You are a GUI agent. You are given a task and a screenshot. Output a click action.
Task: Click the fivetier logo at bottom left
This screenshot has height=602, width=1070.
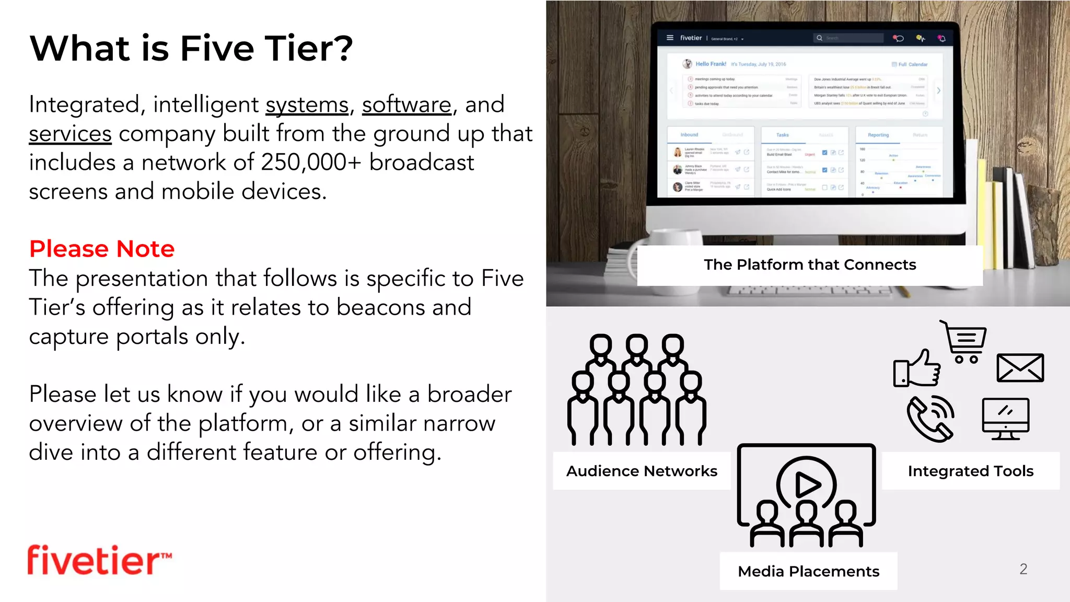[x=99, y=560]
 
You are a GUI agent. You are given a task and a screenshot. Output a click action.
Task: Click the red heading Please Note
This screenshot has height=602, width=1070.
[x=102, y=249]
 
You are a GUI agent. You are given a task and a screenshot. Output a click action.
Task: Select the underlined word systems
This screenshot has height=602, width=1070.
[x=307, y=105]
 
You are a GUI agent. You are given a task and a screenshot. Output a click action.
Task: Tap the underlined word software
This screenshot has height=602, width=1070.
[x=406, y=105]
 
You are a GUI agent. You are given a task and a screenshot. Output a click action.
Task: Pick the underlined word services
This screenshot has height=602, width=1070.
[x=70, y=134]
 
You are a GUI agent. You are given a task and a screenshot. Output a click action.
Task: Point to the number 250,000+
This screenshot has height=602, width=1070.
[x=311, y=163]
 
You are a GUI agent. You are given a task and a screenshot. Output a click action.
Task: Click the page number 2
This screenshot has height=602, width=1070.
[x=1023, y=569]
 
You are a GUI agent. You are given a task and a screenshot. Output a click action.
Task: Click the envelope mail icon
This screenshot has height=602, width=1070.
[x=1020, y=367]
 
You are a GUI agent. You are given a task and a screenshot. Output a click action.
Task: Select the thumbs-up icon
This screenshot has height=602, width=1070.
[x=917, y=369]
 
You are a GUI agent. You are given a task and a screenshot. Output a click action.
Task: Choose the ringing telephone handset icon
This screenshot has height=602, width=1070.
[x=931, y=418]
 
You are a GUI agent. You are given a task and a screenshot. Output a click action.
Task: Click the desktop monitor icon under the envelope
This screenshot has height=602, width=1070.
[x=1005, y=418]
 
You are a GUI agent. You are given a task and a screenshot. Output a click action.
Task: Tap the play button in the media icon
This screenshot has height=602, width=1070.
[x=807, y=485]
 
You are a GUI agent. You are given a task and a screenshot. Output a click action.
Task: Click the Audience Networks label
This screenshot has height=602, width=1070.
[x=642, y=471]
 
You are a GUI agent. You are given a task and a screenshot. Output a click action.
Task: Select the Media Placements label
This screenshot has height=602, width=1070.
[x=808, y=571]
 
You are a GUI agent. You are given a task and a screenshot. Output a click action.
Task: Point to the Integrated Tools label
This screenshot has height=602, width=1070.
[x=970, y=471]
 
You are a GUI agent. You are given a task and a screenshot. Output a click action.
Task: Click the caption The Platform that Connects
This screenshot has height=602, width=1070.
[x=810, y=265]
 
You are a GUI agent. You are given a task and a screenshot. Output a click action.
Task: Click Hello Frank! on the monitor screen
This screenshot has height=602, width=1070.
[x=711, y=64]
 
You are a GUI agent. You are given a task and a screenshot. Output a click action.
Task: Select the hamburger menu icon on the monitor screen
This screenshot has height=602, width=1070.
[x=670, y=38]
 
